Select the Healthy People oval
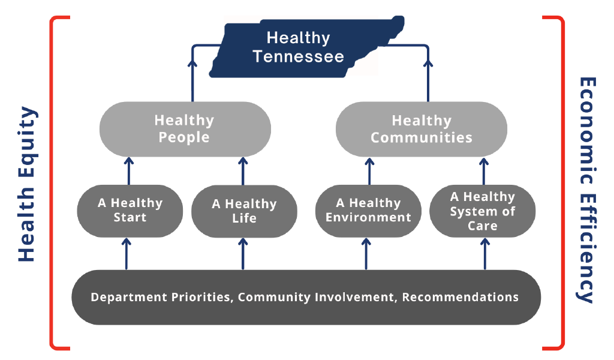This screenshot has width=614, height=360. (185, 129)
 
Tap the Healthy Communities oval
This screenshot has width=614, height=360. (422, 129)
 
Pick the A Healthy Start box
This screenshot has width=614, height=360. (130, 211)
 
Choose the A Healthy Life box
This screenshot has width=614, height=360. (244, 211)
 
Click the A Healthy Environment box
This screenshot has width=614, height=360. (368, 211)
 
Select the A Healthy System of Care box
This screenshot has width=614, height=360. (483, 211)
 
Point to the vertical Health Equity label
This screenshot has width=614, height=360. (28, 184)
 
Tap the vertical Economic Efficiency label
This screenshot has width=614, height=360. (586, 190)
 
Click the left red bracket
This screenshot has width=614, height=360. (52, 183)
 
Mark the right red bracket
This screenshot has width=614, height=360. (562, 183)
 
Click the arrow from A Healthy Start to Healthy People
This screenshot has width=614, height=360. (129, 171)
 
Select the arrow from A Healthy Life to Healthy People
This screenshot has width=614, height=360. (243, 171)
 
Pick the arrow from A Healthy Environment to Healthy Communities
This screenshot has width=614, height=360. (369, 171)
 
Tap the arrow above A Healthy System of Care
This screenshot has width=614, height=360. (484, 171)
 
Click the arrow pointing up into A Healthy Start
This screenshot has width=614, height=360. (126, 254)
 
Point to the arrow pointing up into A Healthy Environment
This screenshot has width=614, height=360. (366, 254)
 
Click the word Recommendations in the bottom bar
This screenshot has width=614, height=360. (460, 297)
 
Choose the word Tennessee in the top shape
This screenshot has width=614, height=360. (299, 57)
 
